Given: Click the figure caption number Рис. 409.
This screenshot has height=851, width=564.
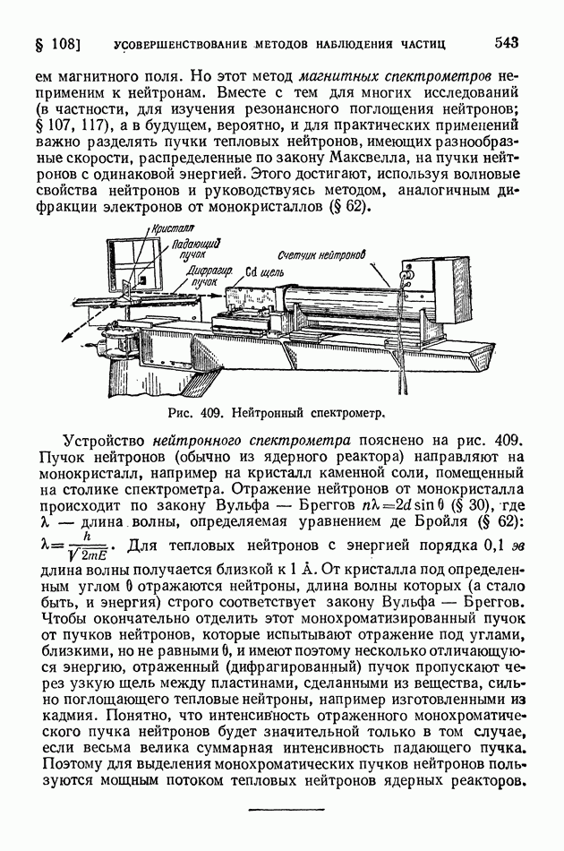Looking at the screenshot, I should coord(193,414).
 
